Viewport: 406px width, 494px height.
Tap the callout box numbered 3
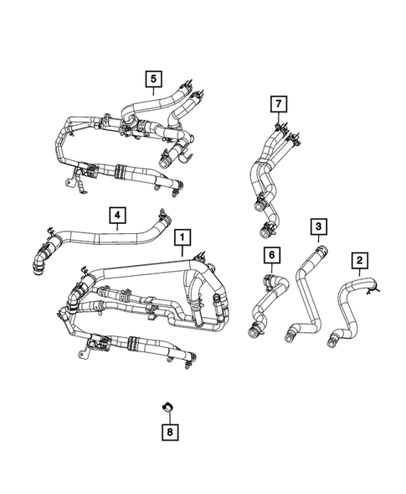point(318,226)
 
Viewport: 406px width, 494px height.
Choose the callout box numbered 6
point(270,254)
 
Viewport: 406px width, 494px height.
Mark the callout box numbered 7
point(277,103)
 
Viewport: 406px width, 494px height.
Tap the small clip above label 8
point(167,407)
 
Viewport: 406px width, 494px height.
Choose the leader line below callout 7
point(277,117)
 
